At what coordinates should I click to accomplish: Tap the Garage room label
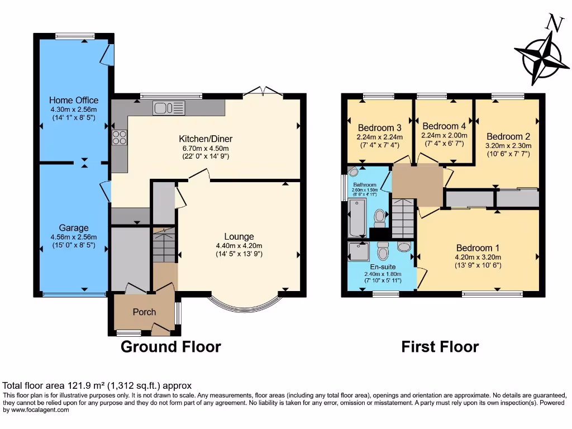(74, 228)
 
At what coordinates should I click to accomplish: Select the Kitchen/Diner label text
(206, 139)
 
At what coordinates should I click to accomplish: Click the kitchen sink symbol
(169, 108)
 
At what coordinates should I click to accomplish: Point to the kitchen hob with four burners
(120, 137)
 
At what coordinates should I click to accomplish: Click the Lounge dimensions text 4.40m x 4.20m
(239, 245)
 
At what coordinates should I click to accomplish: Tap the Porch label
(144, 312)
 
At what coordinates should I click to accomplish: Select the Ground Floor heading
(171, 347)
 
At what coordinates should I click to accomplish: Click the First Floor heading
(440, 347)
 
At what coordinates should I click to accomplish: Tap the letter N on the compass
(554, 23)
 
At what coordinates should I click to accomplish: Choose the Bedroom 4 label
(444, 126)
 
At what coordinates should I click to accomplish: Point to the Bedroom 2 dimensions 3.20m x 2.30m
(508, 146)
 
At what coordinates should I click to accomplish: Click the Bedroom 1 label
(478, 248)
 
